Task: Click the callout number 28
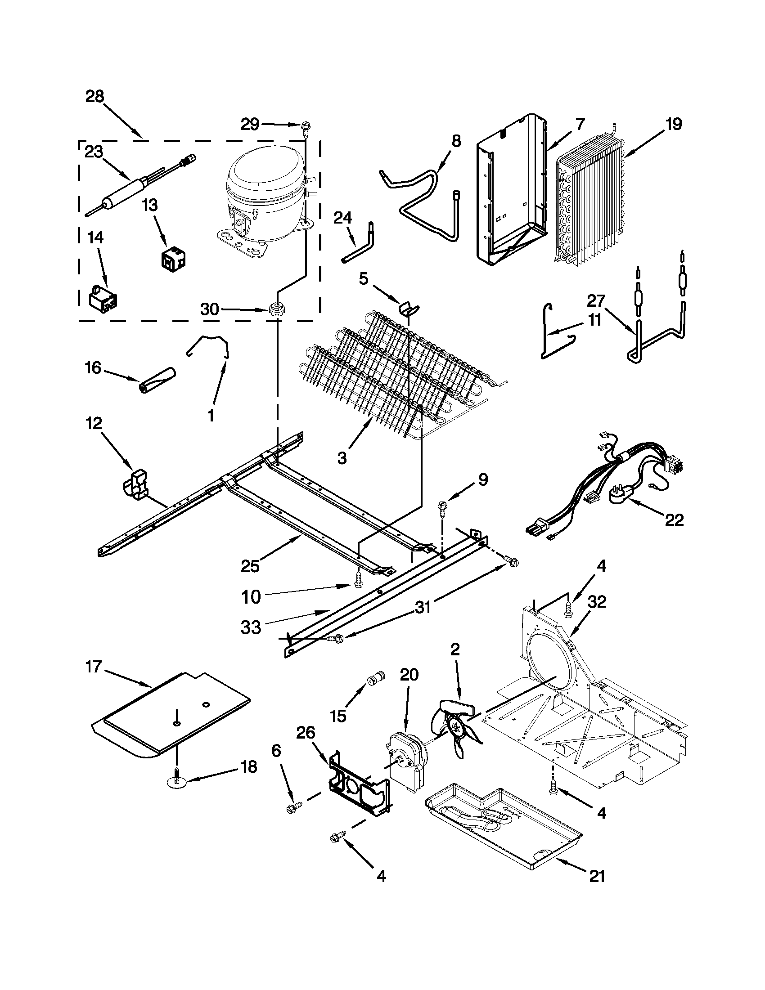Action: click(95, 97)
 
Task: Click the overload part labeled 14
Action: click(102, 297)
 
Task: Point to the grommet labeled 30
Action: click(274, 310)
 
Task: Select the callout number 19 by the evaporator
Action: click(673, 124)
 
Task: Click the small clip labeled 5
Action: click(409, 308)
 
